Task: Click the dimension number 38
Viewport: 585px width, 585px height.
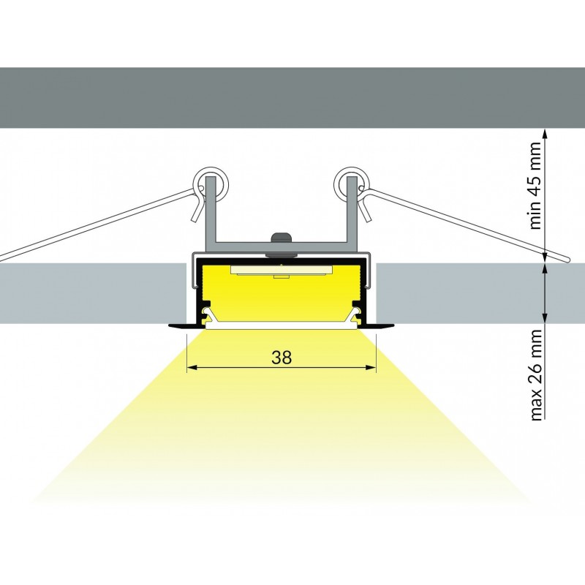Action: [282, 358]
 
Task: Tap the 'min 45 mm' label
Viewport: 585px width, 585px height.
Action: [535, 186]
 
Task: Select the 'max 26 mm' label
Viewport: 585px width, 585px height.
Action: [535, 375]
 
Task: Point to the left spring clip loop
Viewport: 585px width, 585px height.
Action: [210, 184]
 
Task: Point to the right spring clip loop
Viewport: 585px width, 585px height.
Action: [352, 184]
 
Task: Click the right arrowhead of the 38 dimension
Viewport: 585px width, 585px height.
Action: [371, 368]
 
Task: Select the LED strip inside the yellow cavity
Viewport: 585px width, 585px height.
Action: [281, 271]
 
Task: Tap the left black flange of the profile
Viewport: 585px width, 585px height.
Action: [183, 325]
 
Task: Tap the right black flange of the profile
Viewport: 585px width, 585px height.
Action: [380, 325]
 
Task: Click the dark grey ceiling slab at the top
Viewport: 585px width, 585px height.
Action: [292, 98]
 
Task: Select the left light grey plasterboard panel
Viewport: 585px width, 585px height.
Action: [93, 293]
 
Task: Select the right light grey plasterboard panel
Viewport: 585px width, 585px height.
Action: [480, 293]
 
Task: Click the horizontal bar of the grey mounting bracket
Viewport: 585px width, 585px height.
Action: [282, 246]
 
